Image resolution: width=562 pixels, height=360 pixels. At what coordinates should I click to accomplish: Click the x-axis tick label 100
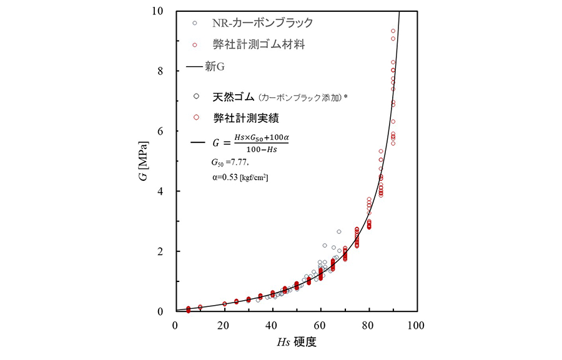(x=417, y=325)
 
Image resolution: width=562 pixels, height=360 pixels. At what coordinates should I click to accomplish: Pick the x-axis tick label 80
(x=369, y=325)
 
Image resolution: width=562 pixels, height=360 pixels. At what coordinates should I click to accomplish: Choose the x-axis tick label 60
(x=320, y=325)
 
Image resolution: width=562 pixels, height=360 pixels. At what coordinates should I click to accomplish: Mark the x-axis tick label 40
(x=272, y=325)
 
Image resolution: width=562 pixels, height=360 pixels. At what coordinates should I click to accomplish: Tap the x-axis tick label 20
(x=224, y=325)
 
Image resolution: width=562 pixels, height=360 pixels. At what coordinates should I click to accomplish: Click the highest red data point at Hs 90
(x=393, y=31)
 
